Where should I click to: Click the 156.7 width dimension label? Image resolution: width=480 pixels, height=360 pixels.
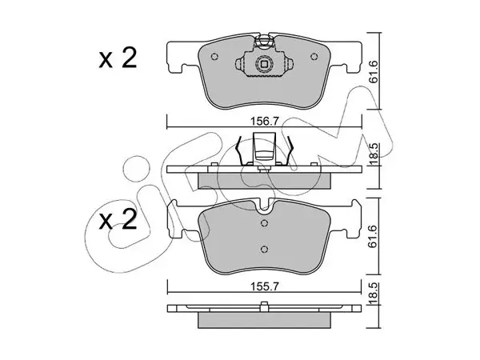tap(264, 122)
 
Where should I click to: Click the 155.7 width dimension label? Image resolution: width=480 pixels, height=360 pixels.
tap(264, 287)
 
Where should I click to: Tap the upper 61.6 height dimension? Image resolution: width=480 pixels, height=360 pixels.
tap(374, 72)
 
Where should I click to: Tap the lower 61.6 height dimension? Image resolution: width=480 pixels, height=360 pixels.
tap(374, 237)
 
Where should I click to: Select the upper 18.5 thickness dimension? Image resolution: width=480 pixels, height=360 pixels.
tap(374, 154)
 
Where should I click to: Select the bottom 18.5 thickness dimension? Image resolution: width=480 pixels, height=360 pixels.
tap(374, 294)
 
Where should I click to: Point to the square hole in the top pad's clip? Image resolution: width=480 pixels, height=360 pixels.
tap(264, 64)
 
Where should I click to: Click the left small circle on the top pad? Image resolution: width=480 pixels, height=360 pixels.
tap(215, 57)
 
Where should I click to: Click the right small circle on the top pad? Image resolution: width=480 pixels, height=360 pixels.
tap(314, 57)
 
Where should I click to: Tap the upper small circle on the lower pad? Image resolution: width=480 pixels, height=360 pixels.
tap(265, 223)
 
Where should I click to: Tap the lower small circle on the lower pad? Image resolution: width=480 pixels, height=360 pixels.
tap(265, 249)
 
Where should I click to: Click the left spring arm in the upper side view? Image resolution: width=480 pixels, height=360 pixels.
tap(239, 150)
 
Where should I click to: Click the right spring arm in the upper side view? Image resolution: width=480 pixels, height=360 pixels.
tap(290, 150)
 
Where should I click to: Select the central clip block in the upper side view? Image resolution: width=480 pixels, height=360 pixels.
tap(264, 148)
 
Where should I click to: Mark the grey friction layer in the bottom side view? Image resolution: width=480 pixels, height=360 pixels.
tap(265, 320)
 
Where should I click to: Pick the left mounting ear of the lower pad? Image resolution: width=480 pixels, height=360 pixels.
tap(177, 218)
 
